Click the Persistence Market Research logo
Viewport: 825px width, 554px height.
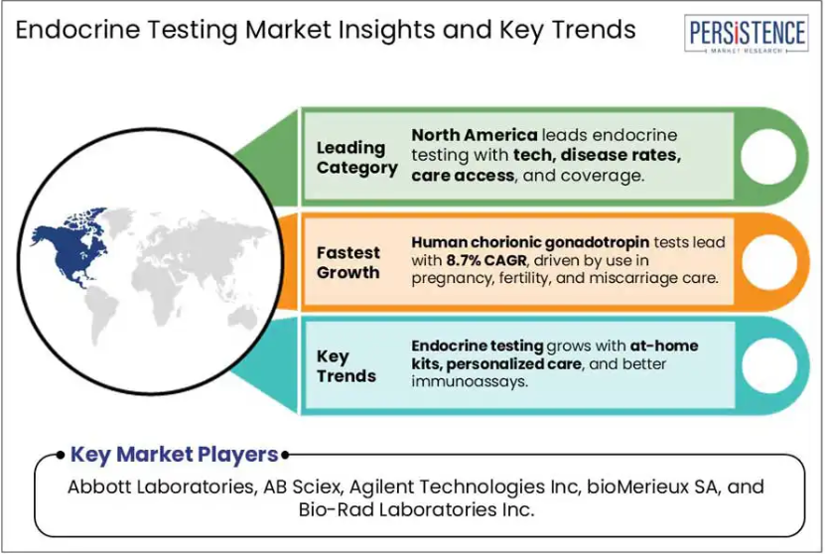[747, 34]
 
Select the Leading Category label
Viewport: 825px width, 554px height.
[357, 157]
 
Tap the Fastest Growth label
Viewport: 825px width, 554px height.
[348, 262]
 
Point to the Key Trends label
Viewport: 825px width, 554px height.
[346, 366]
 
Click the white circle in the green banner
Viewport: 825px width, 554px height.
[768, 157]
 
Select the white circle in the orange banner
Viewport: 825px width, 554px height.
[769, 262]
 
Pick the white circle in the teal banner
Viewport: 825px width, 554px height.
[769, 365]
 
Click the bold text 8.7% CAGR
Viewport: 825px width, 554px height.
[486, 260]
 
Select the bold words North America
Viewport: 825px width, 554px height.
[475, 135]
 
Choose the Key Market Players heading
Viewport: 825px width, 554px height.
[174, 455]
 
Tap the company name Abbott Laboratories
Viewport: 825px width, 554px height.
[161, 486]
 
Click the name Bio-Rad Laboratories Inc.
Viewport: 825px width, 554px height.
[416, 509]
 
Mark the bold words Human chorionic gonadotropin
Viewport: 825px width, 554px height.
[530, 242]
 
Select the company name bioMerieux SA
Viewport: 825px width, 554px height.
[652, 486]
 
